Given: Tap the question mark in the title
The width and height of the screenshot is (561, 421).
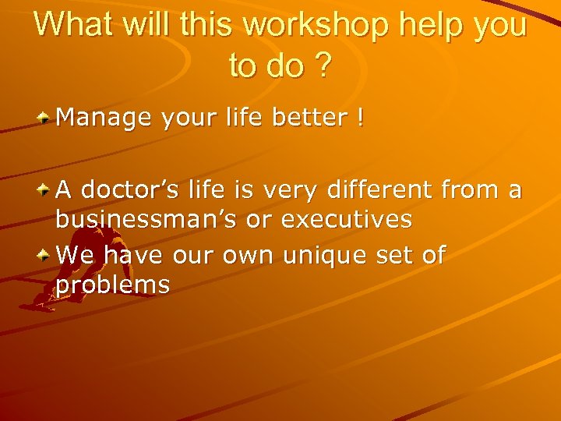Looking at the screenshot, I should [x=321, y=66].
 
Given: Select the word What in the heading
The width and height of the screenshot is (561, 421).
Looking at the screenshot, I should [x=72, y=25].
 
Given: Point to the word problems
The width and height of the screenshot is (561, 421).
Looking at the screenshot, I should [x=112, y=285].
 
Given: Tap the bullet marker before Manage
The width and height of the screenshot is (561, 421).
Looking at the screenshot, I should [x=45, y=118].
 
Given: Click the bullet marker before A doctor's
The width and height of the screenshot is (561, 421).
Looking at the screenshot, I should [x=45, y=189].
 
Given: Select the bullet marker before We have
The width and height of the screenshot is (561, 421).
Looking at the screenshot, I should [x=45, y=254].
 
